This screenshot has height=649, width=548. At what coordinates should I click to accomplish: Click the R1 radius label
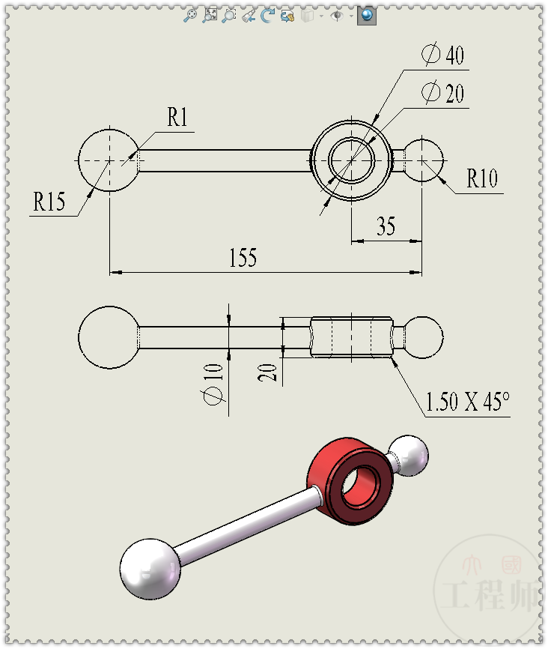tap(177, 118)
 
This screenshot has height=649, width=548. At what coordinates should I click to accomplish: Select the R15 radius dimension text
tap(49, 202)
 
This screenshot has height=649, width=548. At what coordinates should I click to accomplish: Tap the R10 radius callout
tap(482, 179)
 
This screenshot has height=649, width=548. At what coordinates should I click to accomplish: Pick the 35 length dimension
tap(386, 226)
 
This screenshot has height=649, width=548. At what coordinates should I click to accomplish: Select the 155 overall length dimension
tap(243, 259)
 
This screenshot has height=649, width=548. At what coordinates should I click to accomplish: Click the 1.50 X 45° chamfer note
tap(467, 402)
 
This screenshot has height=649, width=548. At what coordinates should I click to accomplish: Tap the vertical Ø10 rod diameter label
tap(214, 381)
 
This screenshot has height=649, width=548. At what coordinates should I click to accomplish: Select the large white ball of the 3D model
tap(150, 568)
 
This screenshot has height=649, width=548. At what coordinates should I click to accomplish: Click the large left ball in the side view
tap(109, 336)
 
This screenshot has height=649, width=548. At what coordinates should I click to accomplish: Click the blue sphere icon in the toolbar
tap(366, 15)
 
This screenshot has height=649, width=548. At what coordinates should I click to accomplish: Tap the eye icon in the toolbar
tap(336, 15)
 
